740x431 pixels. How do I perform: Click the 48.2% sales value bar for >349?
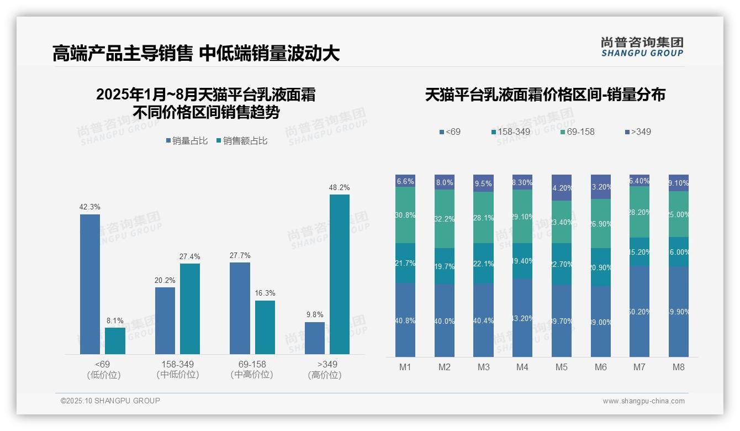pyautogui.click(x=339, y=274)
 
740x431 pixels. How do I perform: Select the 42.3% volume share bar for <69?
pyautogui.click(x=90, y=284)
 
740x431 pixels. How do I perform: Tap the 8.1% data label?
pyautogui.click(x=115, y=320)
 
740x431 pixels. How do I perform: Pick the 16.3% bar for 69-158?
pyautogui.click(x=265, y=327)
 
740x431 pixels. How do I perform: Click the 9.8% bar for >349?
pyautogui.click(x=315, y=338)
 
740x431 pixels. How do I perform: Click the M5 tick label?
pyautogui.click(x=562, y=367)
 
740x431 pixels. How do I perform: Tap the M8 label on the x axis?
pyautogui.click(x=679, y=367)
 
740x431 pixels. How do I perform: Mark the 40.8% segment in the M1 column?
pyautogui.click(x=405, y=320)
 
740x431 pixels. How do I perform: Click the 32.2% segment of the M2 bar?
pyautogui.click(x=445, y=219)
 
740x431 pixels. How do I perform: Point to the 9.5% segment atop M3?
pyautogui.click(x=483, y=183)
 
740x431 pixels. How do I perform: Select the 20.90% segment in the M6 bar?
pyautogui.click(x=601, y=267)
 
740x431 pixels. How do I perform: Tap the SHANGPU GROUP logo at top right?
pyautogui.click(x=642, y=46)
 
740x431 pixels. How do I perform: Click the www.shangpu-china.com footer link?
pyautogui.click(x=643, y=401)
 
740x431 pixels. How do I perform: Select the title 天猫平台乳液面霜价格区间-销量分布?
pyautogui.click(x=545, y=94)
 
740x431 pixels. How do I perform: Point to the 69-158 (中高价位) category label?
pyautogui.click(x=252, y=370)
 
